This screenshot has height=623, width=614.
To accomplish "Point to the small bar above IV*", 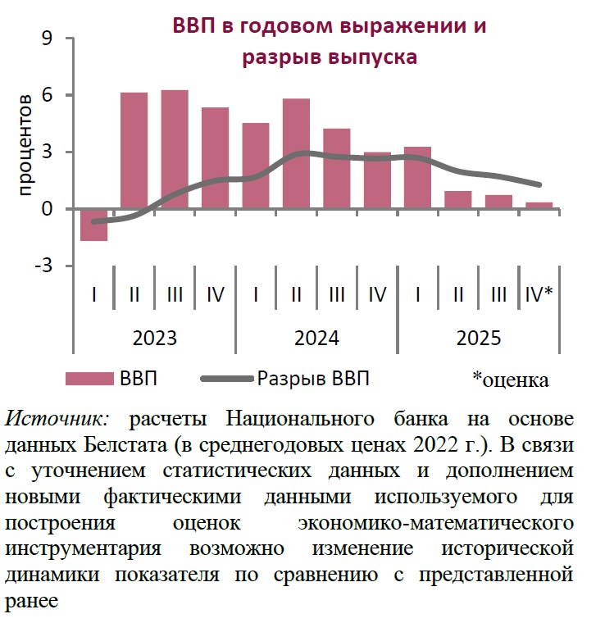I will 539,205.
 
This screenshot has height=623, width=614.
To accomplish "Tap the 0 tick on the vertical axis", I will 47,209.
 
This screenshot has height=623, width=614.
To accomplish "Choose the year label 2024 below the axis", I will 316,338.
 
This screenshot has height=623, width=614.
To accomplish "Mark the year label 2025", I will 478,338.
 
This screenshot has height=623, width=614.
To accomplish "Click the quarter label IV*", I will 539,295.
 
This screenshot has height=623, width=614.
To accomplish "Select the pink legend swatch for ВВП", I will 89,379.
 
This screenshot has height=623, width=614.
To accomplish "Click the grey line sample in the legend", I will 225,379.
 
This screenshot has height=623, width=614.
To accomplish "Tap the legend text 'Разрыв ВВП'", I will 314,379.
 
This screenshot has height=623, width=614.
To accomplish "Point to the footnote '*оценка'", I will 510,380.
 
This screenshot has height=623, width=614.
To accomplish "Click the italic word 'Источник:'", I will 57,418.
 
